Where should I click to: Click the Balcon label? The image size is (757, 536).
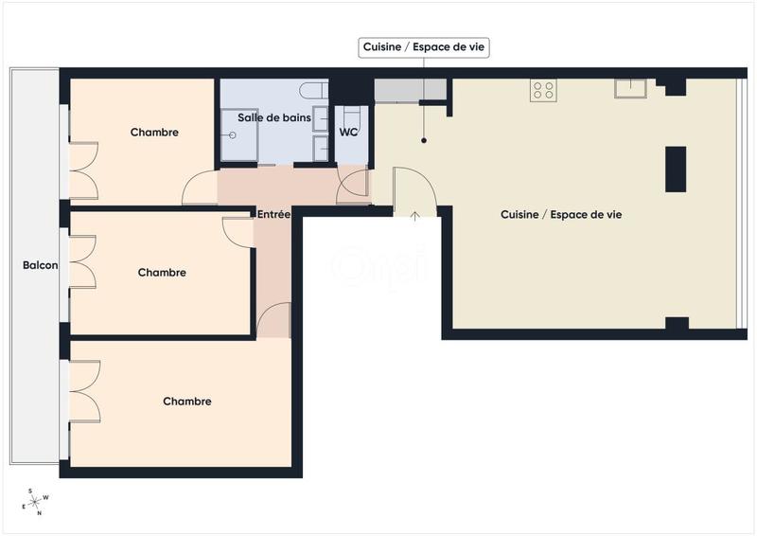[x=41, y=266]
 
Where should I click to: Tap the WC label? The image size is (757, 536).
[x=348, y=132]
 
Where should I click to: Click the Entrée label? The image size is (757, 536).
[x=273, y=215]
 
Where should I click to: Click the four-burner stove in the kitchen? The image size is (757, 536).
[x=543, y=90]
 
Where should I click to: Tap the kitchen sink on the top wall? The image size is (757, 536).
[x=629, y=88]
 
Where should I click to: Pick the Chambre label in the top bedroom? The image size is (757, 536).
[x=154, y=133]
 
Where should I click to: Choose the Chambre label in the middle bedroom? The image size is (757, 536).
[x=162, y=273]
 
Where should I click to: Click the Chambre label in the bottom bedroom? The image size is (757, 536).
[x=187, y=402]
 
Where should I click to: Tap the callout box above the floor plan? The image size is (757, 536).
[x=425, y=46]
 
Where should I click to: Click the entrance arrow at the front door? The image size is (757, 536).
[x=414, y=215]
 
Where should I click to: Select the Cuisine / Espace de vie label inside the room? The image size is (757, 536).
[x=561, y=215]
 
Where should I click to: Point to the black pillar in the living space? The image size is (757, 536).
[x=676, y=169]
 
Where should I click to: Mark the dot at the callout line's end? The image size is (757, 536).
[x=425, y=141]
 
